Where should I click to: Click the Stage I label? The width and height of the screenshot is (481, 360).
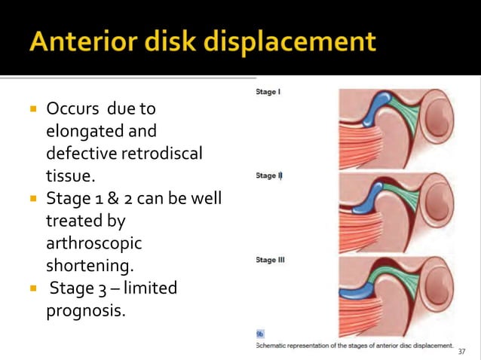[269, 93]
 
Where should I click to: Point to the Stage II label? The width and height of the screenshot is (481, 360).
[269, 175]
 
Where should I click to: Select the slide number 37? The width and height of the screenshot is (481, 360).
[462, 351]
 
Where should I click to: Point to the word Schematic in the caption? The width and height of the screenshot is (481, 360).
[279, 345]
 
